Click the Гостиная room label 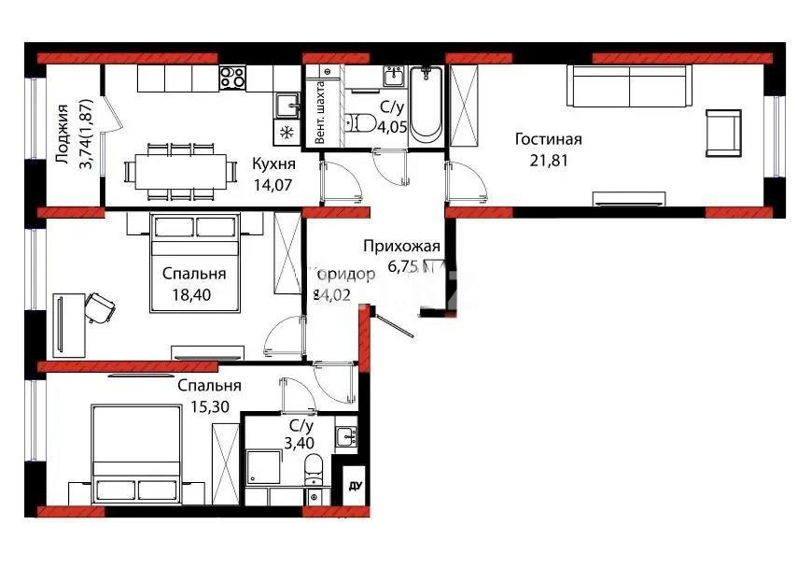(548, 140)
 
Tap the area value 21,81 (548, 160)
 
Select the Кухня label (273, 164)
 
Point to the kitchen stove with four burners (232, 77)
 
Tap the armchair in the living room (723, 132)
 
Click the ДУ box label (354, 486)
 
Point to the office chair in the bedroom (99, 305)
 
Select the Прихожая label (400, 247)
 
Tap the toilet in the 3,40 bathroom (315, 468)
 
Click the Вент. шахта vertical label (321, 111)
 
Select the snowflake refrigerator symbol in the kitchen (286, 133)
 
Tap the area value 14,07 (273, 185)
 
